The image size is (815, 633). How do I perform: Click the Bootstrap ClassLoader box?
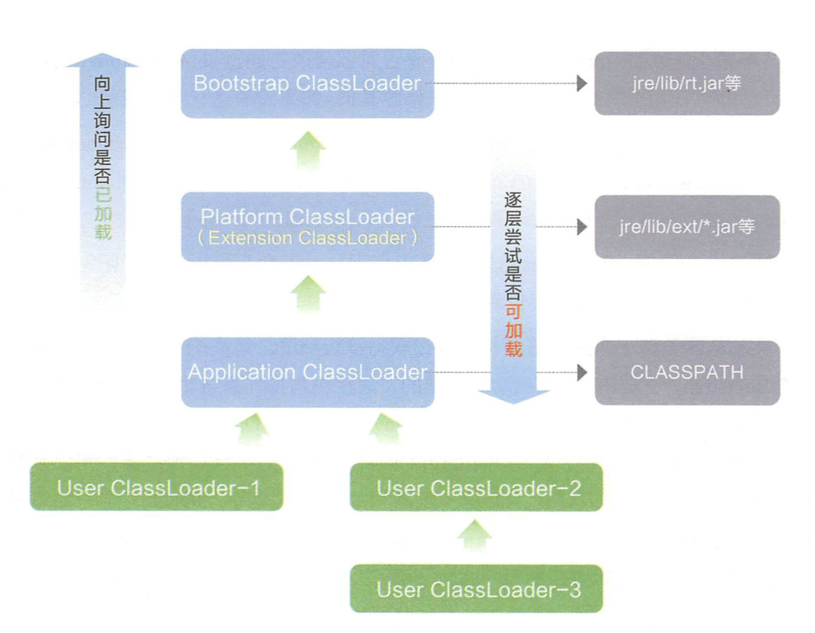coord(307,84)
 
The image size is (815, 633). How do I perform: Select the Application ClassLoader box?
coord(307,372)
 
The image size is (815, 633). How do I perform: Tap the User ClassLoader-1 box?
coord(157,487)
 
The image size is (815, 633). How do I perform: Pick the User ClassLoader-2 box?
coord(476,487)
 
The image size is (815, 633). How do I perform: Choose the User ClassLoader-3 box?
coord(476,589)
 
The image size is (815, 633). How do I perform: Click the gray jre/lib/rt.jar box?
coord(687,84)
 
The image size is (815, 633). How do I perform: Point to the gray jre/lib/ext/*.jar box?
coord(687,227)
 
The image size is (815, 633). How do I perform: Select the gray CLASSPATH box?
coord(687,372)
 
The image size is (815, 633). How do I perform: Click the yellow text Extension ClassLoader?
coord(307,238)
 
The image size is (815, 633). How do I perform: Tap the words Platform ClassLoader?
coord(307,216)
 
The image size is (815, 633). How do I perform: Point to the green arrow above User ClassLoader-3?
coord(476,534)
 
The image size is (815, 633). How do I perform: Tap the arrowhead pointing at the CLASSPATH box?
coord(582,372)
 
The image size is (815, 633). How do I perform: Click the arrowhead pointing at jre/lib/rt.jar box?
coord(582,84)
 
